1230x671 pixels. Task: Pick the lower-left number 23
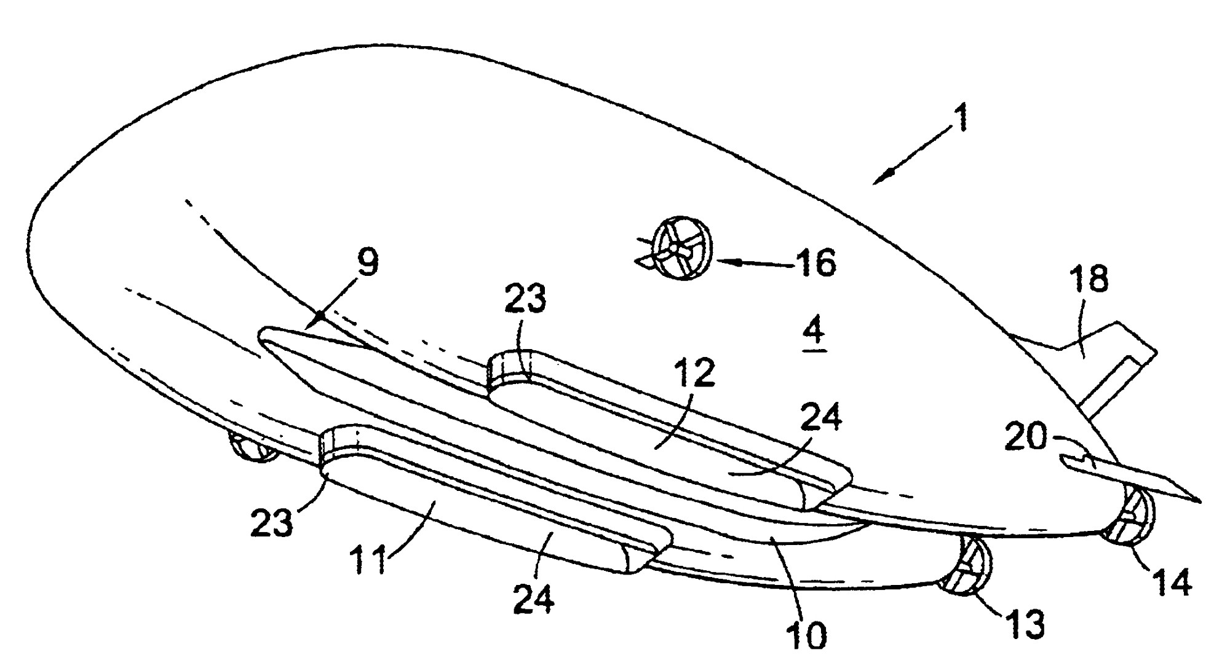point(272,524)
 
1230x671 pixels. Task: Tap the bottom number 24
point(534,597)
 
